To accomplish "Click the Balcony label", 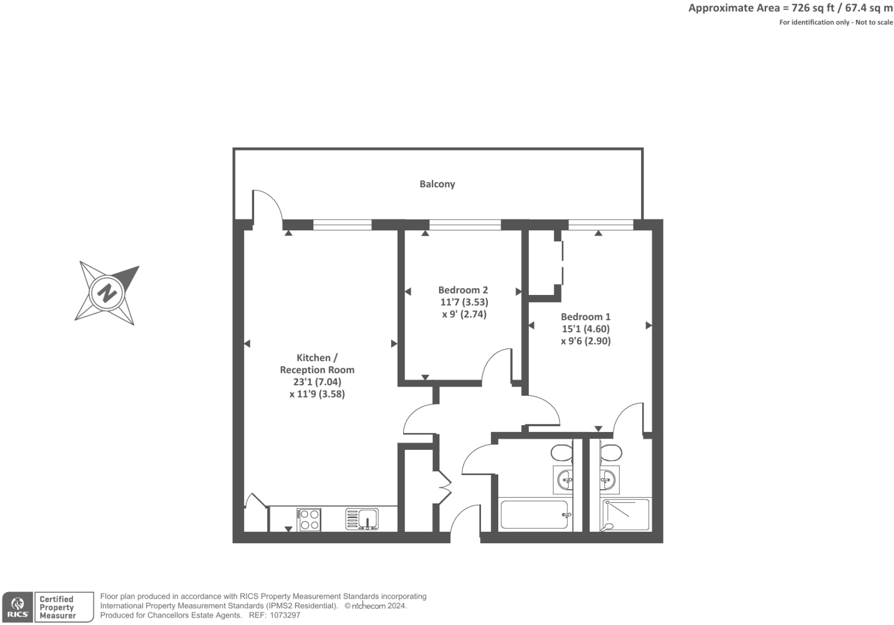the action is tap(437, 184).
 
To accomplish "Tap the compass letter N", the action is tap(107, 293).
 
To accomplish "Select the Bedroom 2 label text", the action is tap(463, 290).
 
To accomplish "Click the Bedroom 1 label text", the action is tap(585, 316).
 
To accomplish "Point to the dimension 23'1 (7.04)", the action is tap(317, 382).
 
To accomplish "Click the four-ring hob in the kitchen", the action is tap(309, 519).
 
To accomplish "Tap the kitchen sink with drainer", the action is tap(362, 519).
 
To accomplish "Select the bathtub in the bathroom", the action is tap(535, 514).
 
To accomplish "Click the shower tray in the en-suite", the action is tap(626, 515).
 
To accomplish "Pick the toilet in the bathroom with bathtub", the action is tap(562, 453).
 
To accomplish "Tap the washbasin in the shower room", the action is tap(609, 479).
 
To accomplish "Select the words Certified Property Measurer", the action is tap(58, 607).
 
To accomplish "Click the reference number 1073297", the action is tap(285, 615).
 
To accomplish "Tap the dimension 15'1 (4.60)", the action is tap(586, 329).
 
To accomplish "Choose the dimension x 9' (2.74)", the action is tap(464, 314).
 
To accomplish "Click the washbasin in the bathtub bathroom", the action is tap(563, 480).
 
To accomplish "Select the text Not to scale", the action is tap(874, 22).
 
